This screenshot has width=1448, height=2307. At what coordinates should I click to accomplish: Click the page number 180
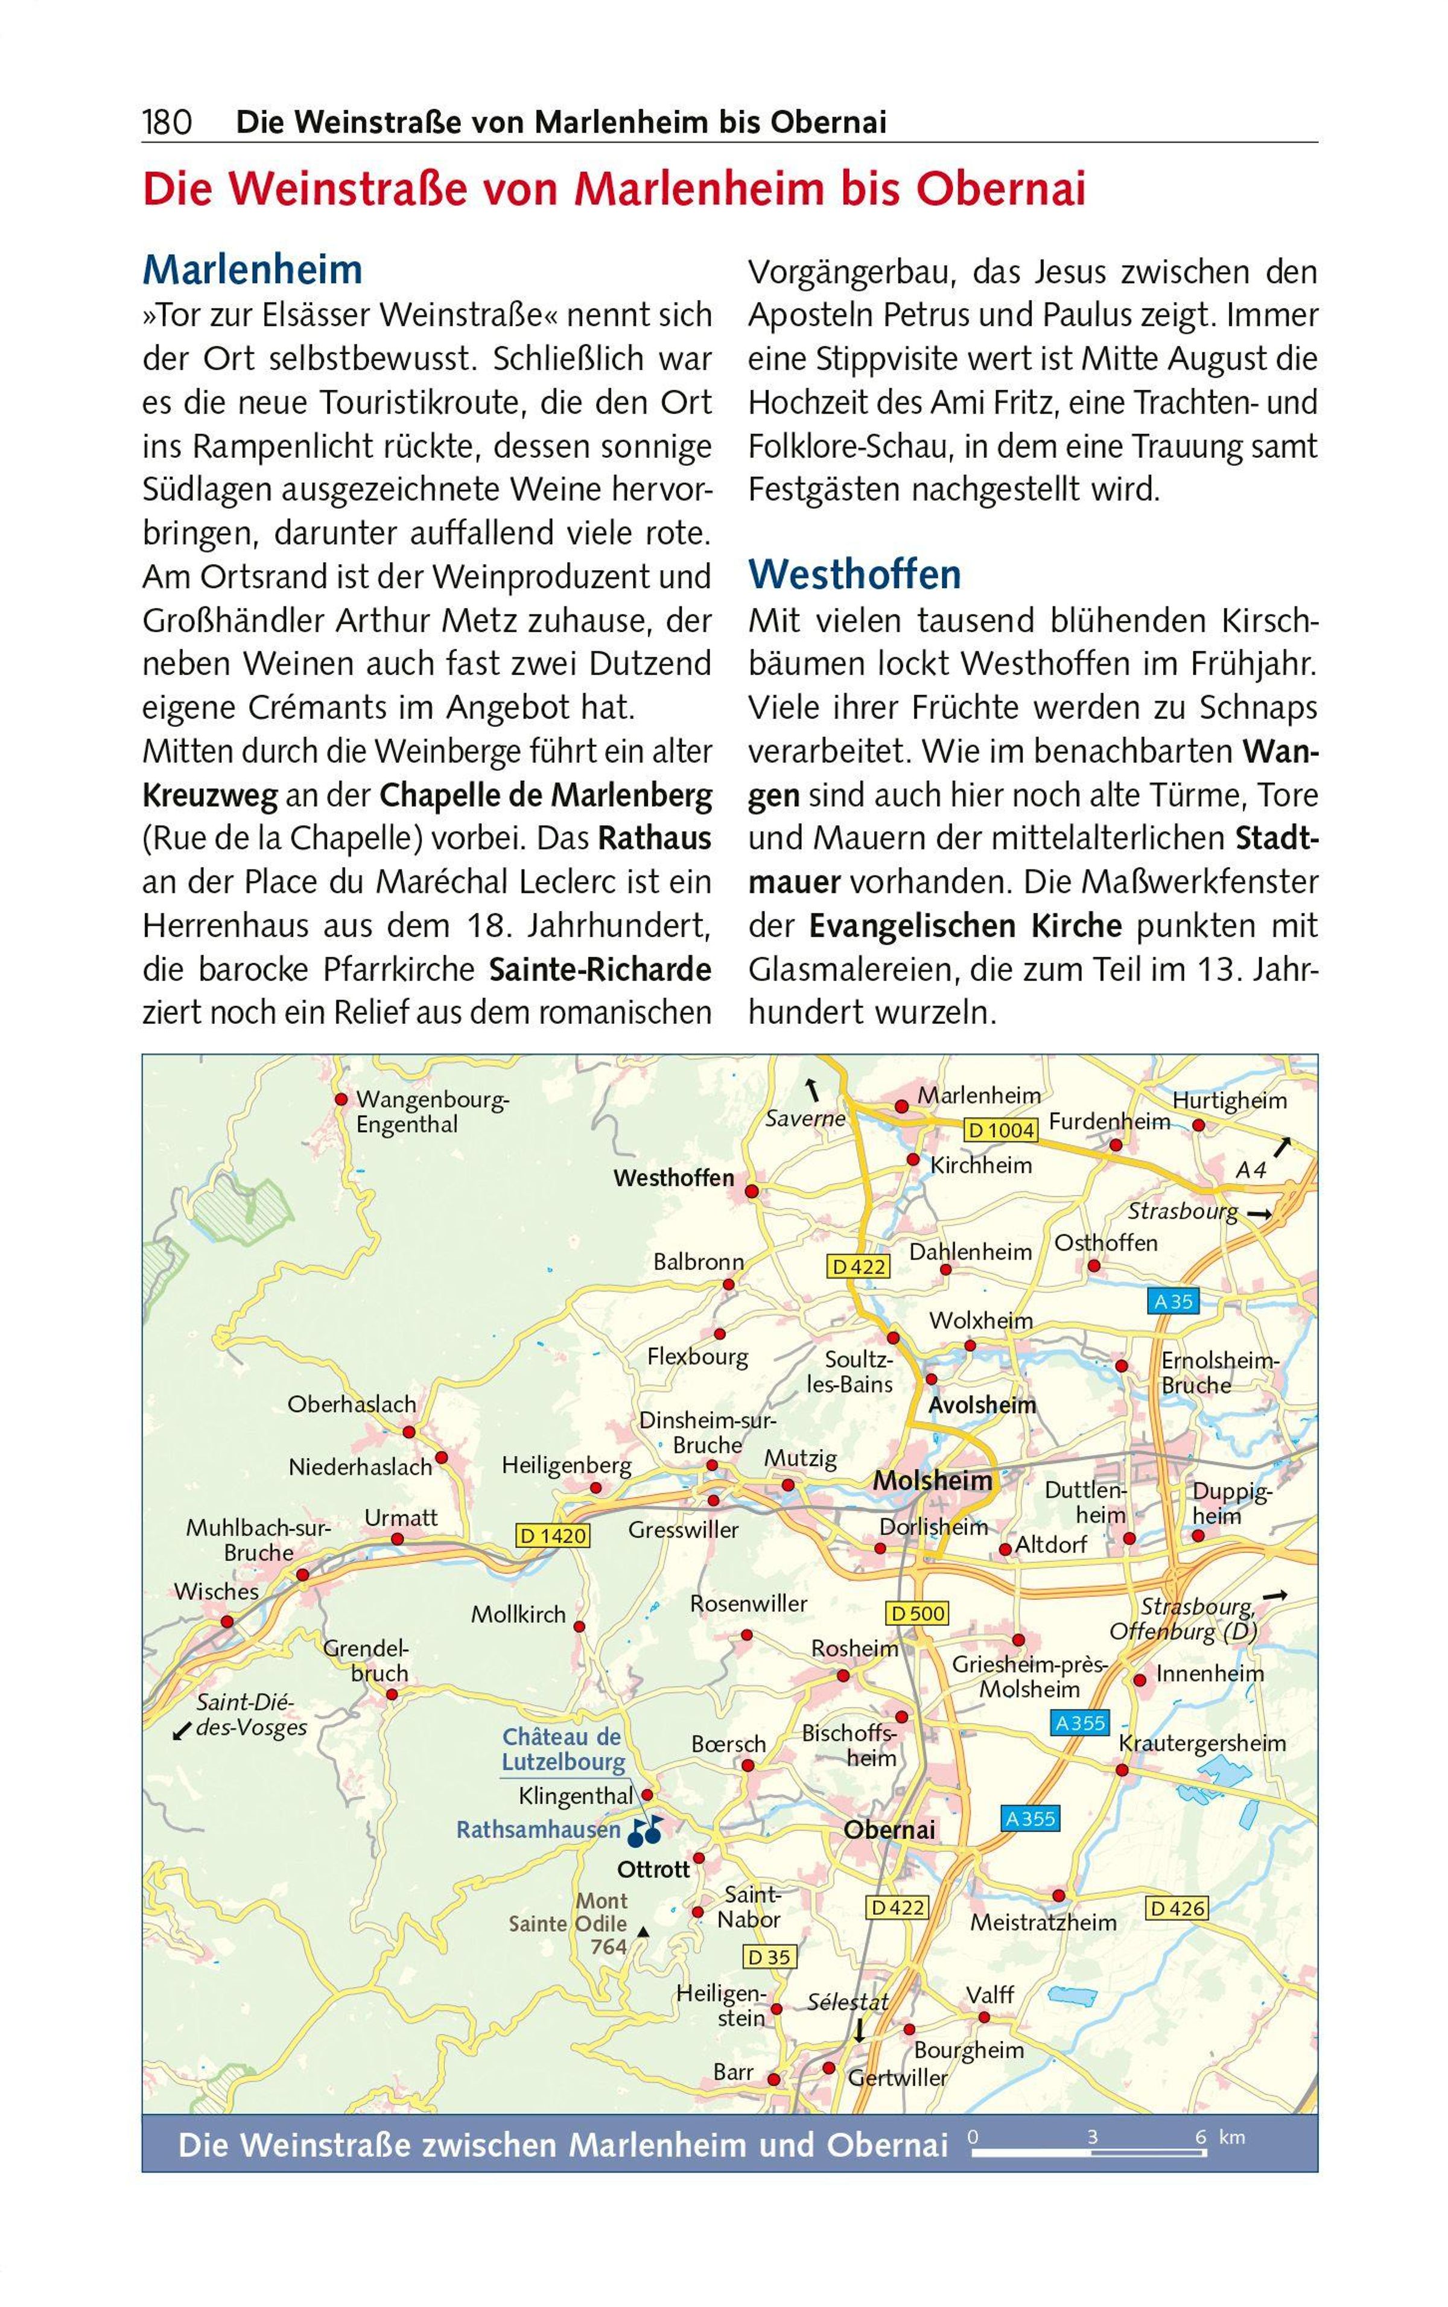click(x=168, y=122)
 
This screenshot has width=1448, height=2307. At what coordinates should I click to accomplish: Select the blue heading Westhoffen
click(x=854, y=574)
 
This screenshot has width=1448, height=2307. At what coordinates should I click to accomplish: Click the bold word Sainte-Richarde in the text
click(x=600, y=969)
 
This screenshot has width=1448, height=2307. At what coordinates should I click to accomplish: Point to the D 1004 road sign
click(x=1002, y=1130)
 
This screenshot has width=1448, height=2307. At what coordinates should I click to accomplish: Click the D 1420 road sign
click(x=553, y=1536)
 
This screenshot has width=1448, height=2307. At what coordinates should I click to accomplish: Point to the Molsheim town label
click(x=932, y=1480)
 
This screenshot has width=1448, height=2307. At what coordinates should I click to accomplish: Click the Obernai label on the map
click(x=889, y=1830)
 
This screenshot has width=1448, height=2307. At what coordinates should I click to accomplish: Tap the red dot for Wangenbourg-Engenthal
click(x=341, y=1099)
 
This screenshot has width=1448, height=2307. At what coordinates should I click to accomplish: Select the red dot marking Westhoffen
click(x=752, y=1192)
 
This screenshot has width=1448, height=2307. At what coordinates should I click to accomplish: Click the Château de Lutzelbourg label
click(x=562, y=1750)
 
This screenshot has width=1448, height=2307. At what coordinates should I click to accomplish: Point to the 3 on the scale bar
click(x=1093, y=2136)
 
